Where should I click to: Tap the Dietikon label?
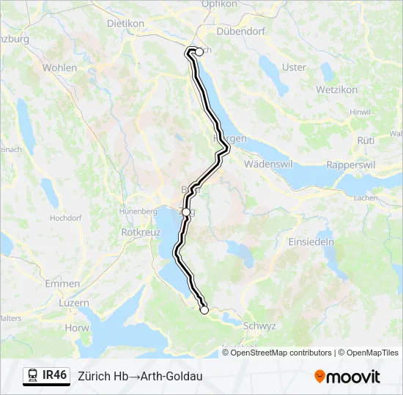click(125, 23)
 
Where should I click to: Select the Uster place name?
click(294, 67)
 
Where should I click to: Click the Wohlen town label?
click(59, 68)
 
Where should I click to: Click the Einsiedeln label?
click(311, 241)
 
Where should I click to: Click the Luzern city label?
click(74, 303)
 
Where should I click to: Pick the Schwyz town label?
click(261, 326)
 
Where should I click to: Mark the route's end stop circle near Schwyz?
click(204, 310)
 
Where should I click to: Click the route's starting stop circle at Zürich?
click(199, 52)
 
